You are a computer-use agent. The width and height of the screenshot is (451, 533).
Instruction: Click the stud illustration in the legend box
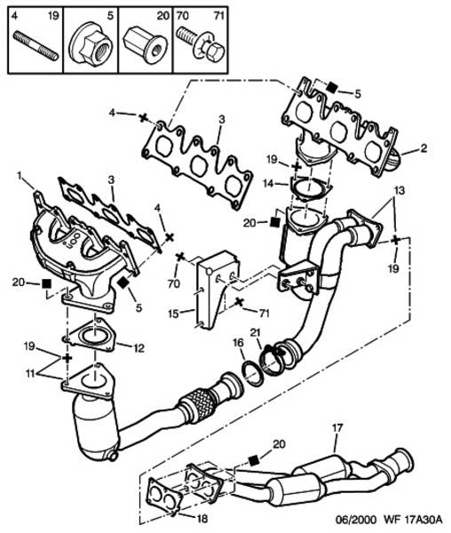[x=36, y=46]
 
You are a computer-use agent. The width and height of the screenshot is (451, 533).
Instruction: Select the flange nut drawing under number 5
[x=91, y=44]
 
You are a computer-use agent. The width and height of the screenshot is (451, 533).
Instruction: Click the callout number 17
[x=337, y=428]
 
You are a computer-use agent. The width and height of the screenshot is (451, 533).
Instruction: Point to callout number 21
[x=256, y=332]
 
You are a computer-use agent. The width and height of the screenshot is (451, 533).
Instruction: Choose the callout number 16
[x=239, y=342]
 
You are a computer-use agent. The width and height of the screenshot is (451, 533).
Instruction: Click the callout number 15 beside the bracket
[x=173, y=314]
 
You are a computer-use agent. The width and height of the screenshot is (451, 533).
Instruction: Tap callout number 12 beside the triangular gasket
[x=139, y=348]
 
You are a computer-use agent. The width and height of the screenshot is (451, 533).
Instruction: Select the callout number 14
[x=267, y=184]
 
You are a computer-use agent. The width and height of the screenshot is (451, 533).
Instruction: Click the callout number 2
[x=423, y=148]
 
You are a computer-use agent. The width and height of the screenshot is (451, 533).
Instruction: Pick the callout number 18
[x=202, y=519]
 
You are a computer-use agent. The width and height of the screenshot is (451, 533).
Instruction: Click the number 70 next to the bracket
[x=174, y=283]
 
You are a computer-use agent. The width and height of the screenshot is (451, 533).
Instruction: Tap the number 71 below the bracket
[x=263, y=313]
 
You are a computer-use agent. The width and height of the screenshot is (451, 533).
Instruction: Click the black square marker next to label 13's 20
[x=274, y=222]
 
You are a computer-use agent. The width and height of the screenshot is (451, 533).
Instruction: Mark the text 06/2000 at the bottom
[x=356, y=520]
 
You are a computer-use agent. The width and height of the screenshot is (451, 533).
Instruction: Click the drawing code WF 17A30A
[x=413, y=520]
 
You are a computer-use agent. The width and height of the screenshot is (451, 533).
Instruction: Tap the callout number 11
[x=31, y=374]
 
